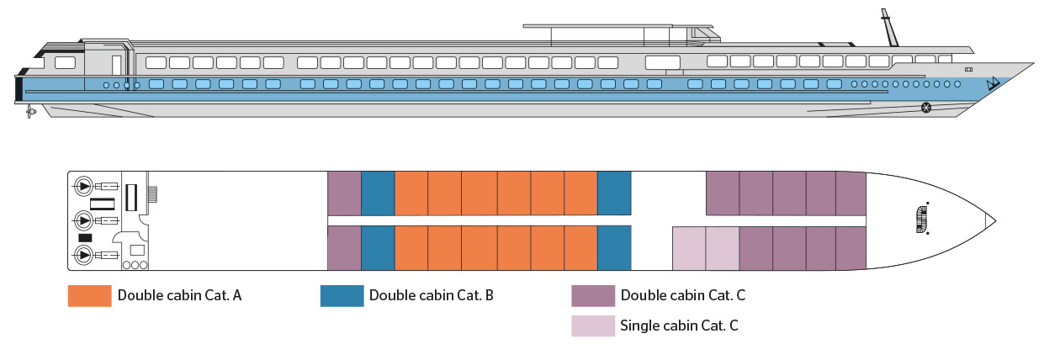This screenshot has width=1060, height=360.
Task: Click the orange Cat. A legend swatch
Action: (89, 296)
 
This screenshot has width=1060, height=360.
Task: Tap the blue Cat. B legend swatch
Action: (342, 296)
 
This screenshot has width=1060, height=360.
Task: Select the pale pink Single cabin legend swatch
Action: (593, 326)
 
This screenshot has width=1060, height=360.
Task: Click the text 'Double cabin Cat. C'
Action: (682, 296)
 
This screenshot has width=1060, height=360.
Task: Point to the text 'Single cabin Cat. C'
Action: (679, 326)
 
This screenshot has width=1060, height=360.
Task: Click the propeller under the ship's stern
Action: (31, 111)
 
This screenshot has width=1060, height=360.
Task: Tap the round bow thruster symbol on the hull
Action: (926, 107)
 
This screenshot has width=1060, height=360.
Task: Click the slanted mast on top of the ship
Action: (888, 29)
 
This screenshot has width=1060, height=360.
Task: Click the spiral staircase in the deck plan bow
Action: (922, 219)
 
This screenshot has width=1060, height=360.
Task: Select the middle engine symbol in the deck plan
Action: (84, 220)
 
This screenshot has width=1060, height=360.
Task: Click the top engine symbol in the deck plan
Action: (84, 186)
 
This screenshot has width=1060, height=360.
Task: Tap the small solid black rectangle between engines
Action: (85, 238)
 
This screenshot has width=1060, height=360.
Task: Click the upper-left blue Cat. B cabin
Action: (378, 193)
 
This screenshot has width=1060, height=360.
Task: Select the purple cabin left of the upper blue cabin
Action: (343, 193)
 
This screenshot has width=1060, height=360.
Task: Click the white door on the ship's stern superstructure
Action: (116, 65)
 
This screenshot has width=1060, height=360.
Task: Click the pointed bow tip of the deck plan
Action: (995, 221)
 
